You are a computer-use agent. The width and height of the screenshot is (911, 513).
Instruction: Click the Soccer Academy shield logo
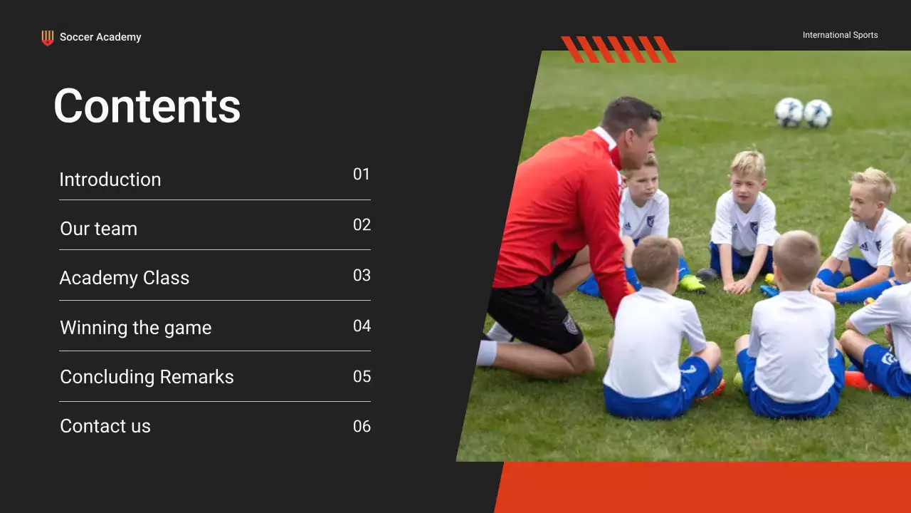point(48,38)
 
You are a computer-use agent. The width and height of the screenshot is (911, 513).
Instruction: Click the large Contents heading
point(147,106)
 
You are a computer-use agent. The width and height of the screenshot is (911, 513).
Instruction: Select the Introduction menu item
point(110,180)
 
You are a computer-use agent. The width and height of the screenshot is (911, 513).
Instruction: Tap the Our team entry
point(99,229)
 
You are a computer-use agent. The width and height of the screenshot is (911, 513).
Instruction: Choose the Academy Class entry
point(125,278)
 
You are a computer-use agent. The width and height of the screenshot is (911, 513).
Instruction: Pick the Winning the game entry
point(136,328)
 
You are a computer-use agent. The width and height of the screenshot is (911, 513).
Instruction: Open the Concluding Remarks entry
point(147,377)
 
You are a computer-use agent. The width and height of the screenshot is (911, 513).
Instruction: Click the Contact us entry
point(105,426)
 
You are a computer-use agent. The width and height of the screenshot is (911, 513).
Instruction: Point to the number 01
point(362,175)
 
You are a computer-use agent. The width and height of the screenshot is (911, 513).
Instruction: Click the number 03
point(362,276)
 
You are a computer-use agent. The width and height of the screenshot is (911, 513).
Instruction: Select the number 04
point(362,326)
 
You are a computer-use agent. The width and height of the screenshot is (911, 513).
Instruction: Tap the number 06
point(362,427)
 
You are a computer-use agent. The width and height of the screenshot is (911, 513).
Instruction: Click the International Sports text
point(840,35)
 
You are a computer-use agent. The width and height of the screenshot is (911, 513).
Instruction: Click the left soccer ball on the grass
point(789,112)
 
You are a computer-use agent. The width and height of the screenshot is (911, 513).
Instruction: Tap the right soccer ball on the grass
point(818,113)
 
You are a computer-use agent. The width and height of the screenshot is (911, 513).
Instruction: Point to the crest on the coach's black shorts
point(571,324)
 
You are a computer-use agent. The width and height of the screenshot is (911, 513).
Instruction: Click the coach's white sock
point(487,353)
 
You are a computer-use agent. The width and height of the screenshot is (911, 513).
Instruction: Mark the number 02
point(362,225)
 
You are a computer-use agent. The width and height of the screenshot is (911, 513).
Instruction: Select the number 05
point(362,377)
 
